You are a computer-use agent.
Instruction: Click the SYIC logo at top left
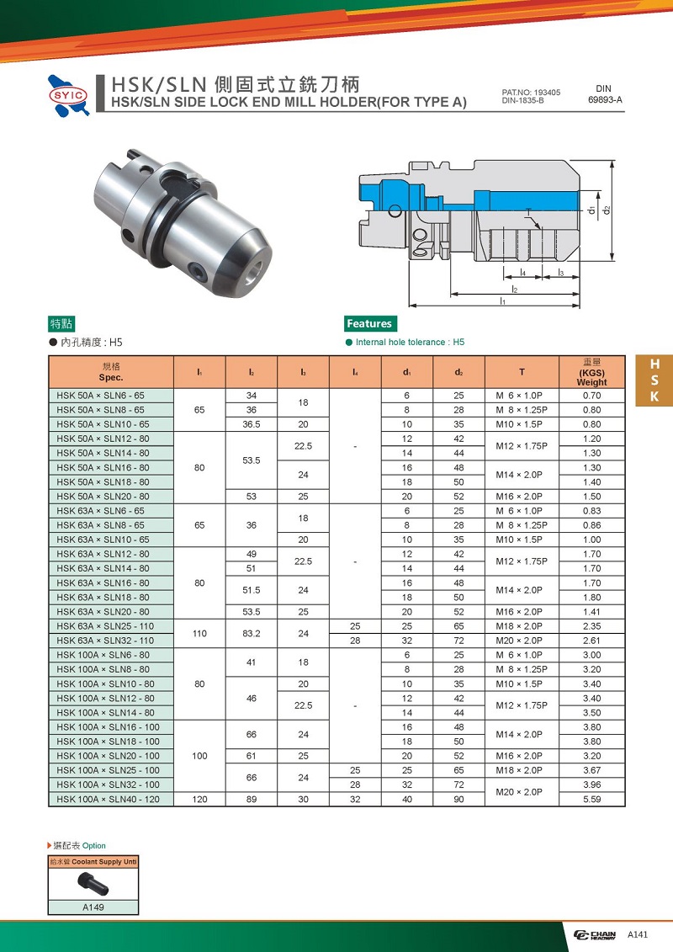(x=69, y=95)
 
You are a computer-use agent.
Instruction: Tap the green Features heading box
(x=370, y=323)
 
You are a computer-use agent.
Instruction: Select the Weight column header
(x=591, y=372)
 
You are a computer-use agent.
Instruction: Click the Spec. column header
(x=111, y=372)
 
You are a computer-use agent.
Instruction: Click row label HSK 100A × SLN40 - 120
(x=108, y=800)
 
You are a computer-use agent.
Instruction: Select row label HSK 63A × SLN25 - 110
(x=106, y=626)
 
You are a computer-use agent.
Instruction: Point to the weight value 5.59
(x=591, y=800)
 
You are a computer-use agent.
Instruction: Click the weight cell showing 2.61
(x=591, y=641)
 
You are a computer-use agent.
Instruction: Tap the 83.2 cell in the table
(x=252, y=633)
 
